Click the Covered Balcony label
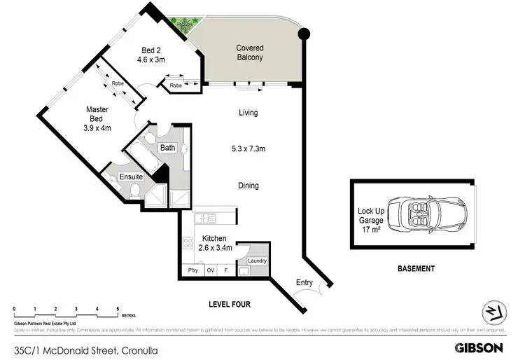click(249, 53)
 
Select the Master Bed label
click(98, 118)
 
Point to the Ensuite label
click(131, 177)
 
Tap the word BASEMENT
click(416, 269)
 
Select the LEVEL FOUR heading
click(229, 305)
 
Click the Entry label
click(305, 282)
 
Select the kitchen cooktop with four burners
click(188, 244)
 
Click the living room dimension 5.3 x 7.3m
click(248, 148)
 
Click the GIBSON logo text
click(479, 347)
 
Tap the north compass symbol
click(494, 313)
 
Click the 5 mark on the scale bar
click(118, 309)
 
